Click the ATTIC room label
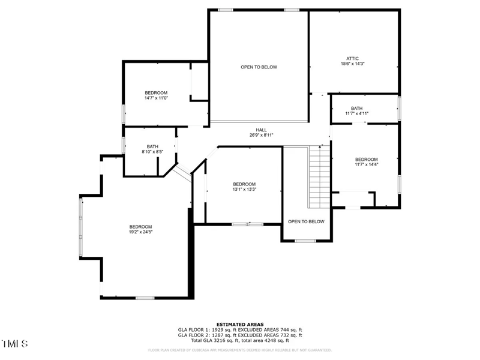[352, 58]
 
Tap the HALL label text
[262, 130]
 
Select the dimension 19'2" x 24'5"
[140, 232]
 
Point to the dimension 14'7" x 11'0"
[156, 98]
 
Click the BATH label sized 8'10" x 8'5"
[152, 146]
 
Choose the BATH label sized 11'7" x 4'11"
[356, 109]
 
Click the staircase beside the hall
[319, 177]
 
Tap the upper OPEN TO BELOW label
[259, 67]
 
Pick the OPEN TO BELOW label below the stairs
[306, 221]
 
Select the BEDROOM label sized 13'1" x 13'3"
[244, 184]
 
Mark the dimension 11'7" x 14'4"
[366, 164]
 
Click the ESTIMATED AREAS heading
[240, 324]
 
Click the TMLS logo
[15, 344]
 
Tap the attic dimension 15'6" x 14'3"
[352, 64]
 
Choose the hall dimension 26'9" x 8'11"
[262, 135]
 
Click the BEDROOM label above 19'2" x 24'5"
[140, 227]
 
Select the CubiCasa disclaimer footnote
[240, 349]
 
